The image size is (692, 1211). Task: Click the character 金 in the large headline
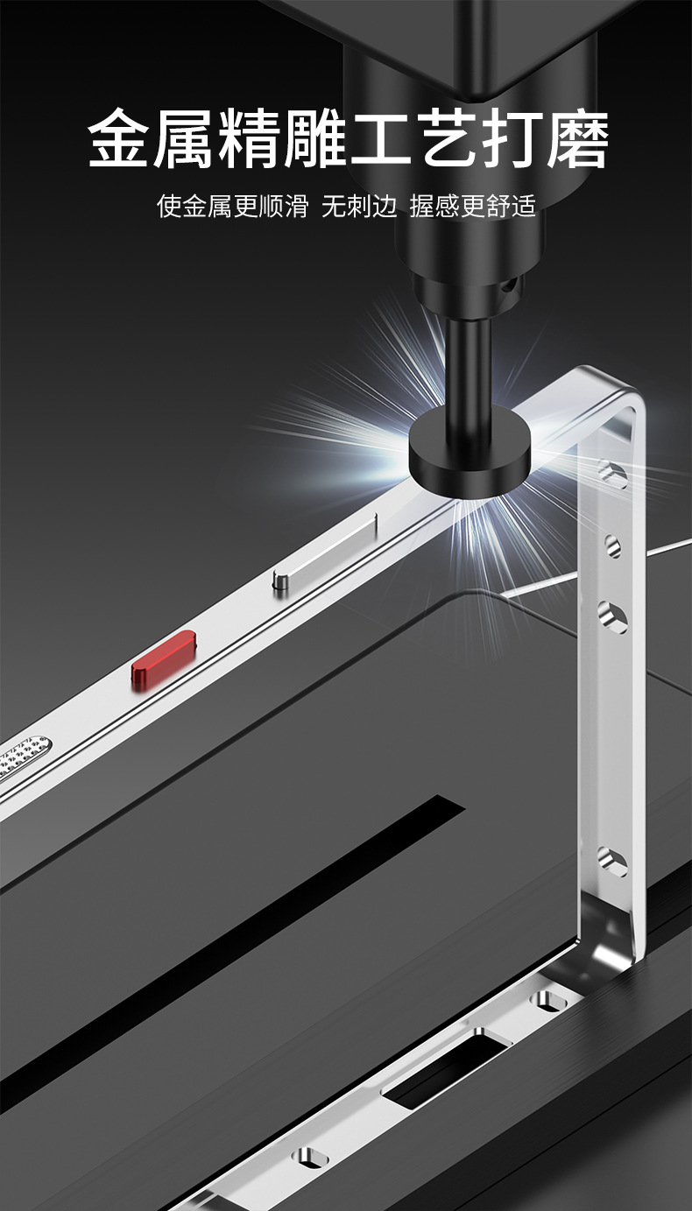click(x=119, y=138)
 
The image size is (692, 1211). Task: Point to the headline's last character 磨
click(x=577, y=138)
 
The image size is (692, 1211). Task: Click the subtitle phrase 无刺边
click(x=359, y=206)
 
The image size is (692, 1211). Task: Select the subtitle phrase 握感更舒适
click(x=472, y=206)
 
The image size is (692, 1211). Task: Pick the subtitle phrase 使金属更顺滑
click(x=232, y=206)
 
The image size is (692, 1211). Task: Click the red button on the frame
click(x=163, y=660)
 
